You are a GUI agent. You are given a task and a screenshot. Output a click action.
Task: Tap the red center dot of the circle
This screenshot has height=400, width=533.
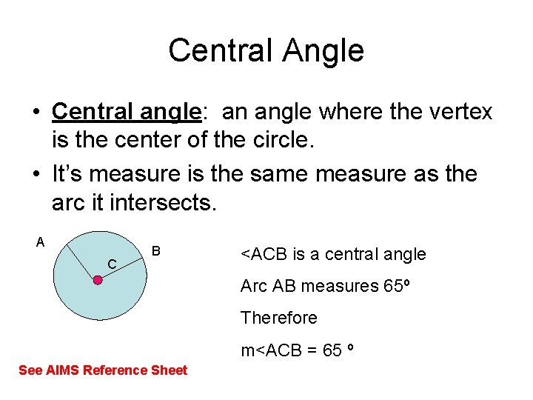97,280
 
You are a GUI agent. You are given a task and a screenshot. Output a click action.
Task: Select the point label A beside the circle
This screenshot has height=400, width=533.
41,241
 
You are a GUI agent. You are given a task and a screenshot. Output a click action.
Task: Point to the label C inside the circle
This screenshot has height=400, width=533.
111,264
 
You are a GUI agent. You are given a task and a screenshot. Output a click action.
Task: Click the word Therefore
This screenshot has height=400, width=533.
278,318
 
